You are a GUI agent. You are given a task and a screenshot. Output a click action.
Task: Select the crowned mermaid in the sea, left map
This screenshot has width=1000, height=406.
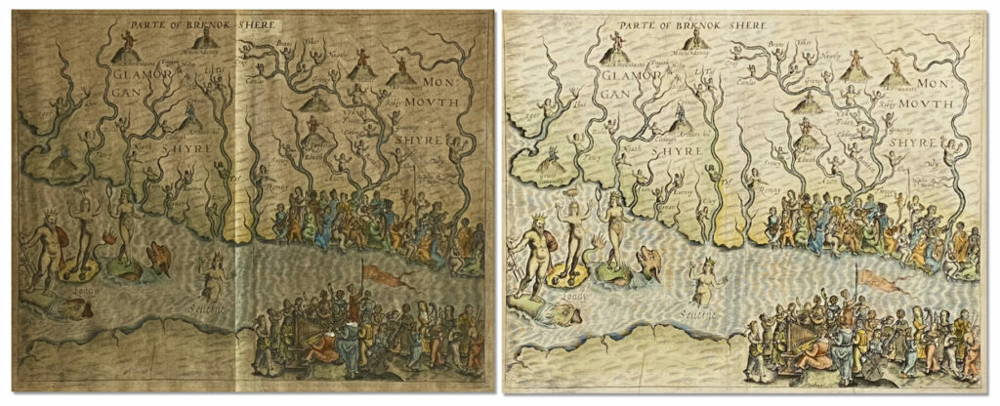point(212,273)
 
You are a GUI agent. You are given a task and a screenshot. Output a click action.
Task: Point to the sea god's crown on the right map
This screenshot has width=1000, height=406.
point(540,216)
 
